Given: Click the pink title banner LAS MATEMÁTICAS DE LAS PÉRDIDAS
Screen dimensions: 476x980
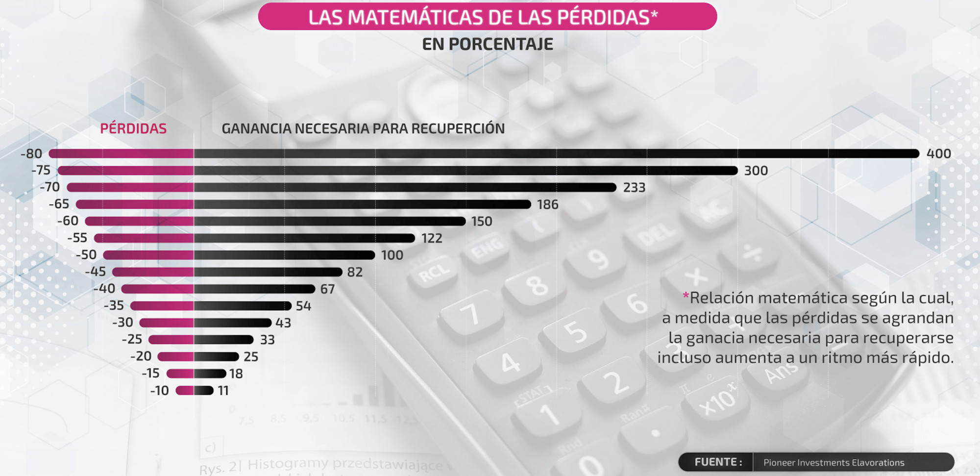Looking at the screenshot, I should (x=487, y=17).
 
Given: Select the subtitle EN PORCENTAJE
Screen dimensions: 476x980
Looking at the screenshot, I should (x=487, y=44).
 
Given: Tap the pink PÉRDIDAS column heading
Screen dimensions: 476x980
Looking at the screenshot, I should (x=133, y=128).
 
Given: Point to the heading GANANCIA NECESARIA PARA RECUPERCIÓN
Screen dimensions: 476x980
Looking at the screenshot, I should (x=363, y=128).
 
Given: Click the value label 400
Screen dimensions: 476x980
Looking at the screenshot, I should (x=938, y=153).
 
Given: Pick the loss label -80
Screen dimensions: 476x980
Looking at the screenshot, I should (x=31, y=153).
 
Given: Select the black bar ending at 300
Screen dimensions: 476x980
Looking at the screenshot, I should (x=465, y=171).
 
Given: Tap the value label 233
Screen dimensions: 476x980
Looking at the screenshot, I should (x=634, y=187).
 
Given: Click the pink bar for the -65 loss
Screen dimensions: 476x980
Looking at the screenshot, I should (x=135, y=204).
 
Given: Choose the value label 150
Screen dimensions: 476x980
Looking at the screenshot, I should (x=482, y=221).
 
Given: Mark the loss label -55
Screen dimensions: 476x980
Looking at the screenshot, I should (x=77, y=238).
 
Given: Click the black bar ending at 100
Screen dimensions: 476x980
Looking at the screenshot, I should (x=284, y=255).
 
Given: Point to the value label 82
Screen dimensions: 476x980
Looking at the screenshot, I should (x=355, y=272).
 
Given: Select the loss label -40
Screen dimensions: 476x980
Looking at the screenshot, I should (x=104, y=288).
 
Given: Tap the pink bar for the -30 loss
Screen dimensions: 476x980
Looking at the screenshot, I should (x=167, y=323).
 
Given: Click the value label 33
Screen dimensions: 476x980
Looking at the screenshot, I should (x=267, y=340).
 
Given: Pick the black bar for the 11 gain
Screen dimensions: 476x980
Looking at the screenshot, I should (x=203, y=391).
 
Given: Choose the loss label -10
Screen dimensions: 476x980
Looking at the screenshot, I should (x=159, y=391).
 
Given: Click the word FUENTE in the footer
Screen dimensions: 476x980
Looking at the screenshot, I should (x=718, y=462).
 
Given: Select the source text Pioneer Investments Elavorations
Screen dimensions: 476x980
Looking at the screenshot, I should (x=833, y=462).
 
